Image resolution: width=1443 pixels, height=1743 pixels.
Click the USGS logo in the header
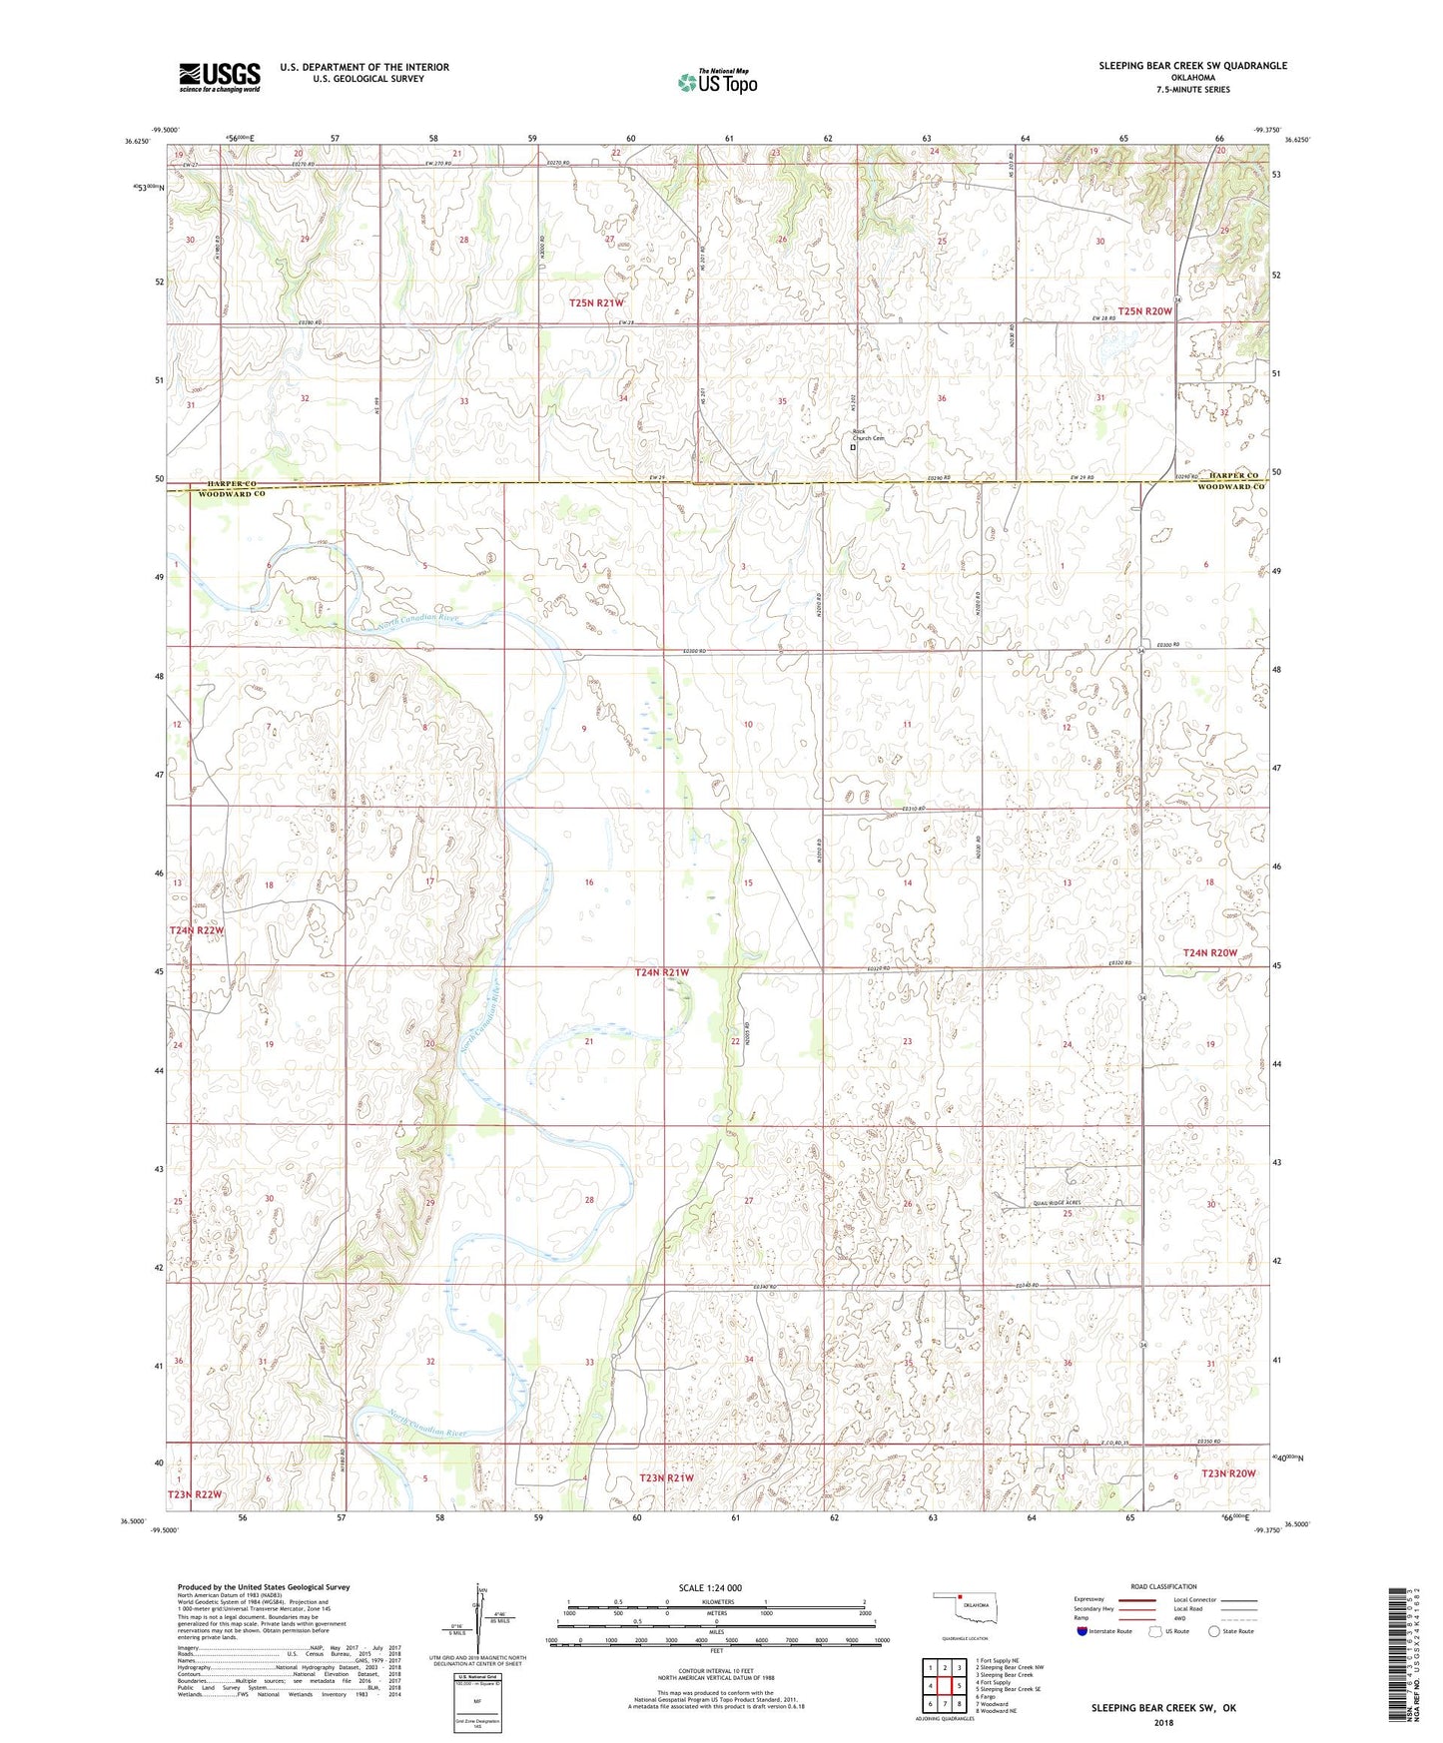pyautogui.click(x=220, y=77)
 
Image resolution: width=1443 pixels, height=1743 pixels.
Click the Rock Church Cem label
pyautogui.click(x=868, y=434)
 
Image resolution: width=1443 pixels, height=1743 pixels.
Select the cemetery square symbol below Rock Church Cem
pyautogui.click(x=853, y=448)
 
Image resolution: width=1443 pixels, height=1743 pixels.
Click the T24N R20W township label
pyautogui.click(x=1209, y=953)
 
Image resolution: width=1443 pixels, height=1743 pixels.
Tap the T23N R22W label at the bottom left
pyautogui.click(x=195, y=1494)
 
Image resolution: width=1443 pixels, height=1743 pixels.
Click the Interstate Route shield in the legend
pyautogui.click(x=1082, y=1631)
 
